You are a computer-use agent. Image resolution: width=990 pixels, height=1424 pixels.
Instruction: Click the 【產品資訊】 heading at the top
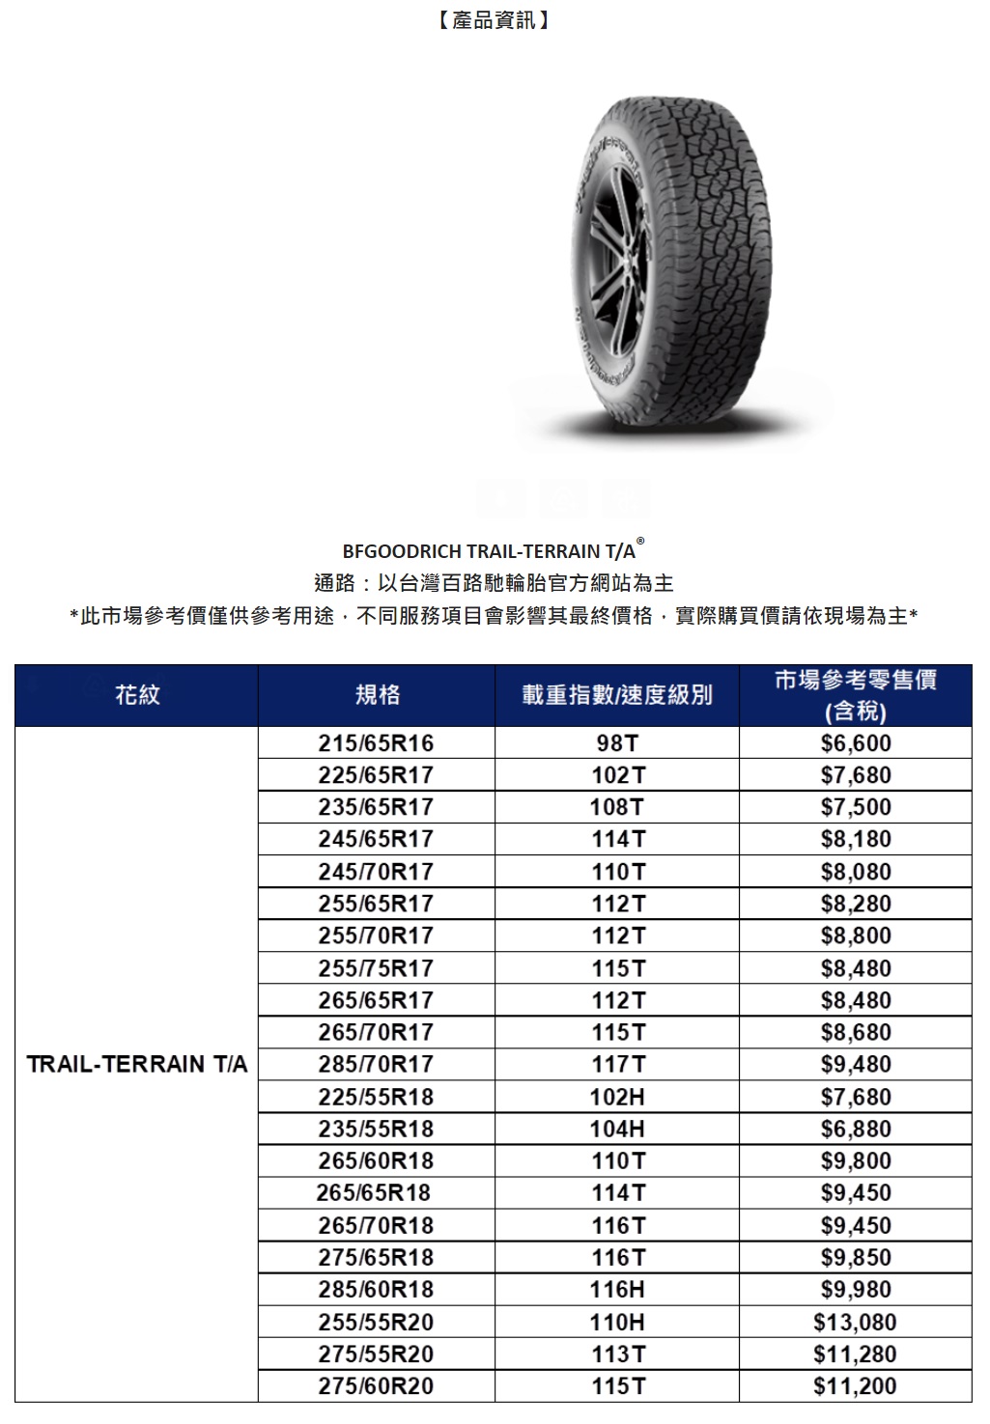tap(494, 20)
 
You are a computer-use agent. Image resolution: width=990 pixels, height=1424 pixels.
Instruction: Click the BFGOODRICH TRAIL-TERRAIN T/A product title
tap(490, 551)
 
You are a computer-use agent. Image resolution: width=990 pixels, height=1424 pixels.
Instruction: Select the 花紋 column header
tap(137, 694)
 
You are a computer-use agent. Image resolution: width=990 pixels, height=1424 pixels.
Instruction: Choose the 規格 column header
tap(377, 694)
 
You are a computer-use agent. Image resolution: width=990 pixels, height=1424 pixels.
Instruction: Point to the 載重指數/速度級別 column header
tap(617, 694)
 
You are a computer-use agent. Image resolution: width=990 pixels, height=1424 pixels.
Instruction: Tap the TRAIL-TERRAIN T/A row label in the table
tap(137, 1064)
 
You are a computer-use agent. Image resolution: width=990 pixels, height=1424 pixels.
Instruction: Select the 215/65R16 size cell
tap(377, 743)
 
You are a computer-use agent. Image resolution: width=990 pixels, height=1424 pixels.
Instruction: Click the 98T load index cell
tap(617, 743)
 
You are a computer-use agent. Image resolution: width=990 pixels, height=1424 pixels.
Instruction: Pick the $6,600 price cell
tap(856, 743)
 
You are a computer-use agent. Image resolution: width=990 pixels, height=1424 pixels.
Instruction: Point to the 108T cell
tap(617, 807)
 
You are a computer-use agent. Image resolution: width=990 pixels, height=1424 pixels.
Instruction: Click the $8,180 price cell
tap(856, 839)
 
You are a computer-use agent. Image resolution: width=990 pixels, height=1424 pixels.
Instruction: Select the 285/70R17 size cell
tap(377, 1064)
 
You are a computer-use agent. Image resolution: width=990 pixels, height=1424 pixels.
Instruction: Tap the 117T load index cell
tap(617, 1064)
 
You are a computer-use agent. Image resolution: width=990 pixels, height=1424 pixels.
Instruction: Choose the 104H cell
tap(617, 1129)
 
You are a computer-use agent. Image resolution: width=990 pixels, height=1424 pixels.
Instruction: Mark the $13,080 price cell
tap(856, 1322)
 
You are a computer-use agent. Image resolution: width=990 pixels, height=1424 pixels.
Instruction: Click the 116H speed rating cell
tap(617, 1289)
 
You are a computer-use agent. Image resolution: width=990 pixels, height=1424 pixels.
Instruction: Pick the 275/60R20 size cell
tap(377, 1386)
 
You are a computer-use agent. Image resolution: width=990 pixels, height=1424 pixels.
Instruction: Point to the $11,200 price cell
tap(856, 1386)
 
